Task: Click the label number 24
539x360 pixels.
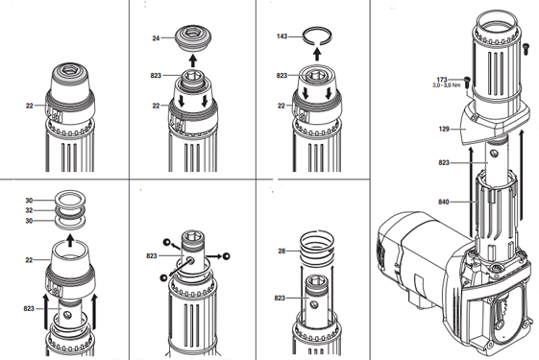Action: click(156, 38)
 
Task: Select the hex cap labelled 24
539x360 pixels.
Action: click(193, 37)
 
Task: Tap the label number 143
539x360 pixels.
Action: click(282, 36)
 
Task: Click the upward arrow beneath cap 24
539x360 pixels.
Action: click(193, 60)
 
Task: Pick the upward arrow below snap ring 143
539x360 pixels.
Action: click(317, 54)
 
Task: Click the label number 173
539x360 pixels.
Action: click(442, 80)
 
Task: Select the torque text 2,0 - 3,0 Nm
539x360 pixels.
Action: click(446, 85)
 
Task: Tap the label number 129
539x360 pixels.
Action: click(444, 130)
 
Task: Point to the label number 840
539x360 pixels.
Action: click(444, 202)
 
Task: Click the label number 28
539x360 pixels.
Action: click(282, 252)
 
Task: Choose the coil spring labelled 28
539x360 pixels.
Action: click(317, 249)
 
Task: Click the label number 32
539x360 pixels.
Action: click(29, 210)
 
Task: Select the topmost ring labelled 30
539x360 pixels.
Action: click(70, 199)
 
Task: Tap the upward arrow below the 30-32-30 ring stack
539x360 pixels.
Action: click(70, 240)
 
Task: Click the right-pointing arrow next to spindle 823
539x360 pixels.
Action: click(213, 256)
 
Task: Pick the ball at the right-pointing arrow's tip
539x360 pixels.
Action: click(226, 256)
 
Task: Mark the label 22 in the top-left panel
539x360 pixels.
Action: click(29, 106)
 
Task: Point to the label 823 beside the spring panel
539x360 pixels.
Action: click(280, 299)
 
